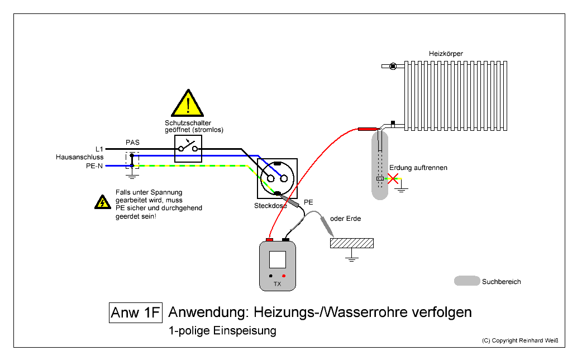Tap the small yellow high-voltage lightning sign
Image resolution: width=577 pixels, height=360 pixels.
click(x=102, y=202)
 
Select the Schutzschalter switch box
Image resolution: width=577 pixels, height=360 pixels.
click(x=188, y=148)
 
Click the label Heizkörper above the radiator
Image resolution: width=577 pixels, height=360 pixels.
click(x=446, y=54)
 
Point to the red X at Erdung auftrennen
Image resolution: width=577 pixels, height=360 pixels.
click(x=393, y=179)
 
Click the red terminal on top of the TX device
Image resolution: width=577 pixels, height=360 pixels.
click(x=269, y=240)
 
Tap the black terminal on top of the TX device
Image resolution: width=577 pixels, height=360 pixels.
click(x=286, y=240)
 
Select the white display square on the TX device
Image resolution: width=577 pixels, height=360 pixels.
click(x=278, y=260)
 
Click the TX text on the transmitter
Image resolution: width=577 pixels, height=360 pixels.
click(x=277, y=284)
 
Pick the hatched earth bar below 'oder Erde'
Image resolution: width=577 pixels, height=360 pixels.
click(x=352, y=243)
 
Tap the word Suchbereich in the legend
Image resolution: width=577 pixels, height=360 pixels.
click(x=501, y=282)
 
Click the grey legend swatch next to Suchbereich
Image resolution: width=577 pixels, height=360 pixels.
click(x=467, y=281)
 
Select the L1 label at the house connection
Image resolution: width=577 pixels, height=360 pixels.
click(x=99, y=149)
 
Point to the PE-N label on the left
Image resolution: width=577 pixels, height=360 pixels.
click(x=94, y=166)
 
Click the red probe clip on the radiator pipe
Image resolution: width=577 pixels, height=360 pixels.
click(x=368, y=129)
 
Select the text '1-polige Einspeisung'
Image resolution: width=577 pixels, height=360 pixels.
click(x=222, y=330)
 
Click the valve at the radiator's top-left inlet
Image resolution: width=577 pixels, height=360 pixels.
click(x=393, y=66)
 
